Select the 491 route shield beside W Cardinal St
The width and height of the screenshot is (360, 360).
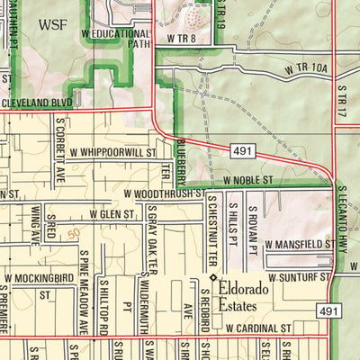(328, 310)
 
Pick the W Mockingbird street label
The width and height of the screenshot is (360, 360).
(40, 278)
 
